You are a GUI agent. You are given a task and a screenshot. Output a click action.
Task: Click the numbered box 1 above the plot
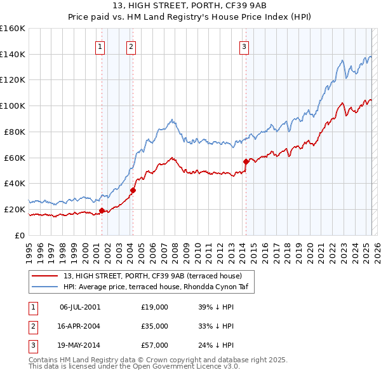(x=100, y=46)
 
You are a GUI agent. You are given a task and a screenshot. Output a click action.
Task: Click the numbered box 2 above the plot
(x=131, y=46)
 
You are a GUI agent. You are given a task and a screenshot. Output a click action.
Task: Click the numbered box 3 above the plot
(x=244, y=46)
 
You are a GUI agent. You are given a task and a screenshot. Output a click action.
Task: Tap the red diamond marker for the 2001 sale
(x=102, y=210)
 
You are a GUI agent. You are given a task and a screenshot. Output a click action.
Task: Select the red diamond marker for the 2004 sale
(x=133, y=189)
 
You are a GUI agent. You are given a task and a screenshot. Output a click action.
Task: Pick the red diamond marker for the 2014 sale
(x=246, y=161)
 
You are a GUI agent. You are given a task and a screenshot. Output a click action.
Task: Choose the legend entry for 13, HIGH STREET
(x=152, y=276)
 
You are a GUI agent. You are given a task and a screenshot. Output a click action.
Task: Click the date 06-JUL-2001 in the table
(x=80, y=307)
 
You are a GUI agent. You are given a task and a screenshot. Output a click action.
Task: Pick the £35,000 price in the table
(x=155, y=326)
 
